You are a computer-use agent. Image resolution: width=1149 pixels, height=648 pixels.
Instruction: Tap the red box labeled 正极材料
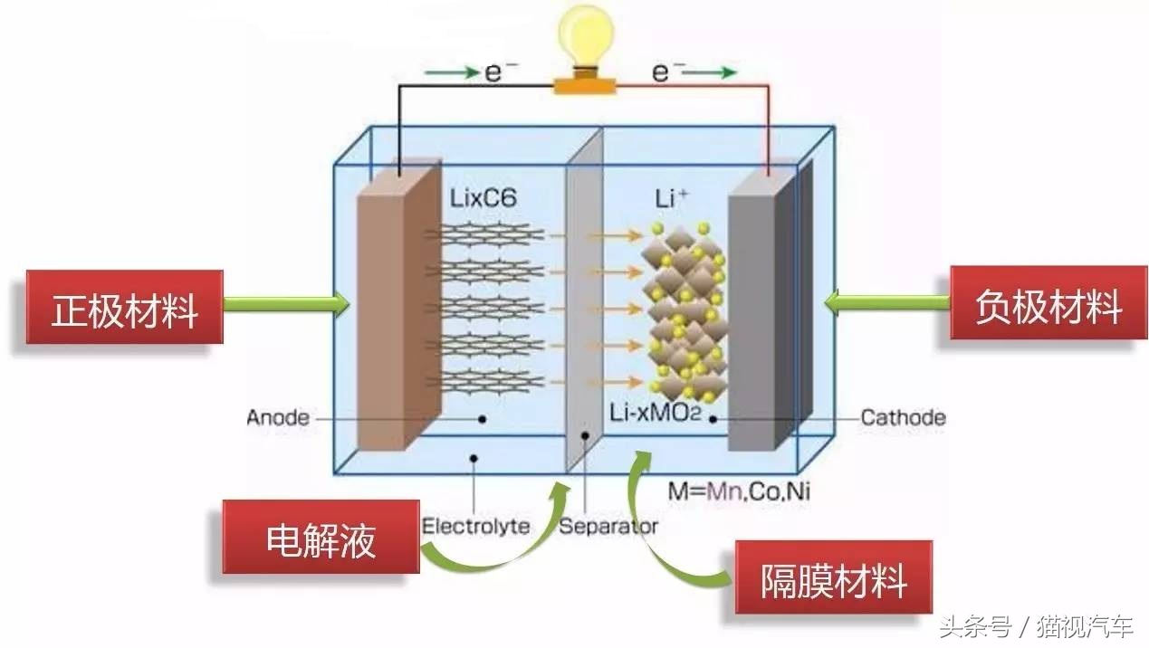[x=124, y=309]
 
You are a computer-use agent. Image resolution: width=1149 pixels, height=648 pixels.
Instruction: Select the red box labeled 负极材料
[x=1048, y=305]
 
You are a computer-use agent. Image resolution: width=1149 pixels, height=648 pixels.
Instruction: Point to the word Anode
[x=277, y=418]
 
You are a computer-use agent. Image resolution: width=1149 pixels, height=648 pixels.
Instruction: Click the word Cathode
[x=902, y=418]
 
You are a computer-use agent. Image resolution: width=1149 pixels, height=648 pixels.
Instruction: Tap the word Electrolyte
[x=475, y=525]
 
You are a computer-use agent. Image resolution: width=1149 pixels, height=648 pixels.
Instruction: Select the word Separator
[x=608, y=525]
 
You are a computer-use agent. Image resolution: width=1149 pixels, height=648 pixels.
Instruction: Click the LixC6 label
[x=483, y=197]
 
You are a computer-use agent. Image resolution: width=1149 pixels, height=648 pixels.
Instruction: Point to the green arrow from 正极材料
[x=285, y=305]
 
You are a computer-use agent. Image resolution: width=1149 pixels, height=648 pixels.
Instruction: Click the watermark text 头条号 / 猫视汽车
[x=1036, y=625]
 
